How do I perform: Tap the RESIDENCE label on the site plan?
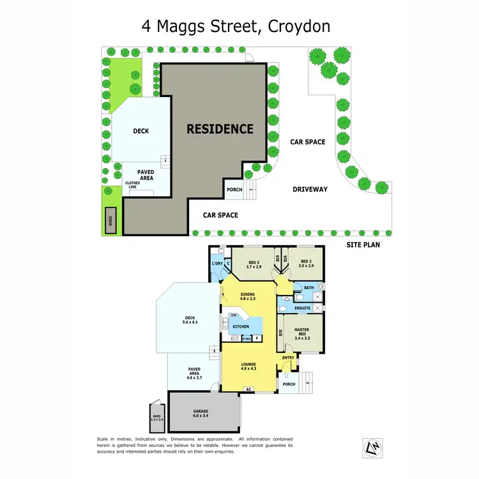[220, 128]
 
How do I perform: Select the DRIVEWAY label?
[310, 189]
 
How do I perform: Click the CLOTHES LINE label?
[132, 185]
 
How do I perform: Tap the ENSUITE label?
[302, 308]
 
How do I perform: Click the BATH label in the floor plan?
[308, 288]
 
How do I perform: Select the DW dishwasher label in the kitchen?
[234, 316]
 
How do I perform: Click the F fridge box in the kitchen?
[257, 338]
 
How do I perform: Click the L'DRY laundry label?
[217, 264]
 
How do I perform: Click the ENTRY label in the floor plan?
[288, 358]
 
